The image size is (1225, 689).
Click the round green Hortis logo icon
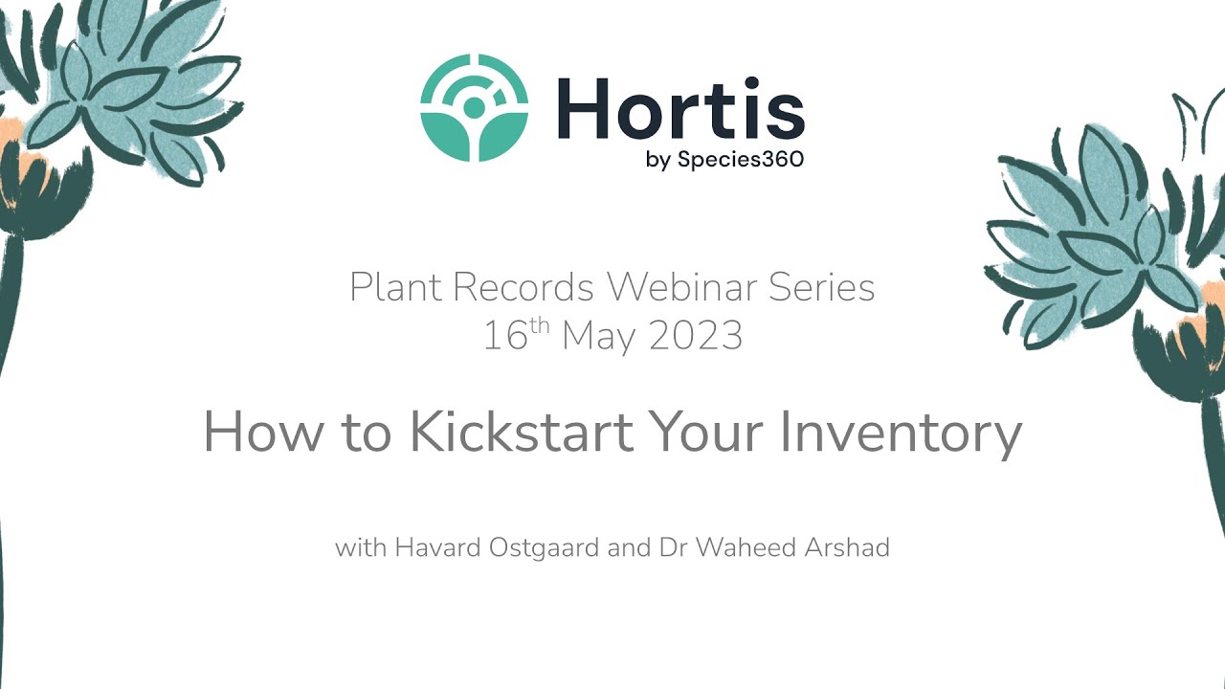474,108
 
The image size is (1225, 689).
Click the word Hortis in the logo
680,108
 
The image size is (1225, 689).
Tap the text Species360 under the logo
741,159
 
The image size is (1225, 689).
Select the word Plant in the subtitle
395,286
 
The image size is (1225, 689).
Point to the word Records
523,286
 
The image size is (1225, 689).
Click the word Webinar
682,286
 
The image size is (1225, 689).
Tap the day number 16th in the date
516,334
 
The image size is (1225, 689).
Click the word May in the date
599,336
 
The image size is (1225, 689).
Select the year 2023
696,335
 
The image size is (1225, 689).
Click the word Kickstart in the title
522,432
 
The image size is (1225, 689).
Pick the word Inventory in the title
902,434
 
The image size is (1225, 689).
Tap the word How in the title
263,432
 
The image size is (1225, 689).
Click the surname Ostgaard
544,548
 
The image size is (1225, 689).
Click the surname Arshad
847,547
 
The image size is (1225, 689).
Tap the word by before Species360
657,161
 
